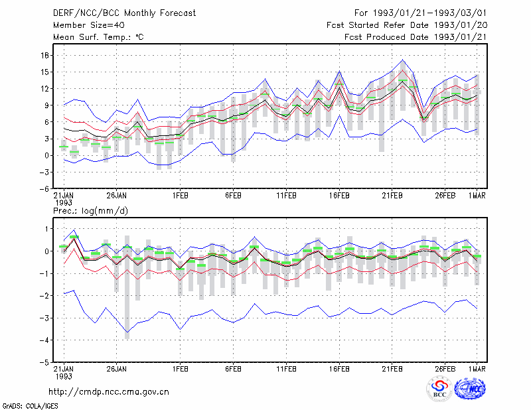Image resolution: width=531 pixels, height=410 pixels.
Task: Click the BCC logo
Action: [x=439, y=389]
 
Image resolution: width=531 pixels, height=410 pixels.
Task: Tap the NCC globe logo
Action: [x=470, y=389]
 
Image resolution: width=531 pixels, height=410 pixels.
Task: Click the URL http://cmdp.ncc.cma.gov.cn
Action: [x=109, y=392]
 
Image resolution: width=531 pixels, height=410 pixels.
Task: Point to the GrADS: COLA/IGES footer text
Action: [x=30, y=406]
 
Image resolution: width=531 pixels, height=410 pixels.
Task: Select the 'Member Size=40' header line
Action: [x=89, y=25]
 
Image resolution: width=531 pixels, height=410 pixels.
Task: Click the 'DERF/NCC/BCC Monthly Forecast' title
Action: [x=124, y=13]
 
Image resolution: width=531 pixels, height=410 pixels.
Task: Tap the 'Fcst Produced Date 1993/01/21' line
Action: [x=416, y=37]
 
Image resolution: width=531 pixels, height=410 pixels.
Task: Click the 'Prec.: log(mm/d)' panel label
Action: [x=90, y=211]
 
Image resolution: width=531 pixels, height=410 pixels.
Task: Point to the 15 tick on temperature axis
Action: [x=45, y=72]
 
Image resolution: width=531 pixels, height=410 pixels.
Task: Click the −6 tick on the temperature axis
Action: [x=44, y=189]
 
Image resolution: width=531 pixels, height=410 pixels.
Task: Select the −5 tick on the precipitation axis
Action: [x=44, y=362]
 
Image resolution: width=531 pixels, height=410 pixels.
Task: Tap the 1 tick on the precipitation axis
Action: [x=46, y=229]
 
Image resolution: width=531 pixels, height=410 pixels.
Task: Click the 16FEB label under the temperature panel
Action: [x=339, y=196]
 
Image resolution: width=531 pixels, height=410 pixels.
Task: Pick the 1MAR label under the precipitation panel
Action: [x=477, y=369]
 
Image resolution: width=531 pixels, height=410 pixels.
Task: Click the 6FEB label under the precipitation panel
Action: [x=233, y=369]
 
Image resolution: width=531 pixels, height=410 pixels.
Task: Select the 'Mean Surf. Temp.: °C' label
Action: [x=98, y=37]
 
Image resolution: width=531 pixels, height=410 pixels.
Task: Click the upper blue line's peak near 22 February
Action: [x=402, y=60]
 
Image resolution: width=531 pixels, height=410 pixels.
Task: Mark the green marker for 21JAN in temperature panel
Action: [x=64, y=147]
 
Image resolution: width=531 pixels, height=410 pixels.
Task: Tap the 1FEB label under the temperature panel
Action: [x=180, y=196]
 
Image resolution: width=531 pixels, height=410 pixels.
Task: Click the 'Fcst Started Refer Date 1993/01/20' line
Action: [x=407, y=25]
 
